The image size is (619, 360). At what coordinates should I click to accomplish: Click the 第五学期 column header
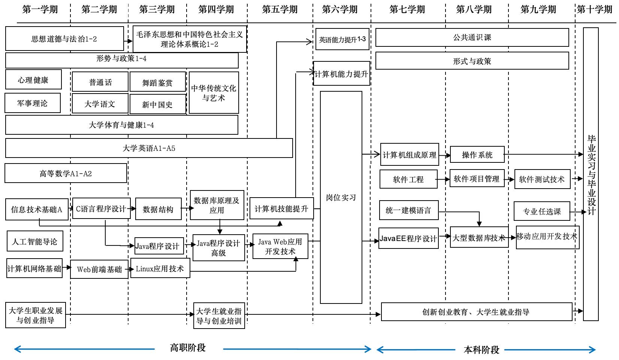pos(280,9)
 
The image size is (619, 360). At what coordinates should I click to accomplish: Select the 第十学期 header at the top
pos(595,9)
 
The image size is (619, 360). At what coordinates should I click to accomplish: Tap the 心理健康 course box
pos(33,80)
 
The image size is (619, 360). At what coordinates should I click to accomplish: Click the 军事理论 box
pos(33,103)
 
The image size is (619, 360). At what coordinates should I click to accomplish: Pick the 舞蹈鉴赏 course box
pos(158,82)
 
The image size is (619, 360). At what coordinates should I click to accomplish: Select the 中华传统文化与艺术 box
pos(214,93)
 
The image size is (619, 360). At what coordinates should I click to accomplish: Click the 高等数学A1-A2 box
pos(66,173)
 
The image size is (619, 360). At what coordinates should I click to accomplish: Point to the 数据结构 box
pos(158,210)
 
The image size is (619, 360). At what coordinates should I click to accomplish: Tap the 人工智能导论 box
pos(35,241)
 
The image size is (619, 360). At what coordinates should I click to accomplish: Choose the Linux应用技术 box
pos(160,268)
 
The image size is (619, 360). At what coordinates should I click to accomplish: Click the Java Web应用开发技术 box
pos(280,247)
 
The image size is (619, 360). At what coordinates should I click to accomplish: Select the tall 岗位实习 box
pos(341,197)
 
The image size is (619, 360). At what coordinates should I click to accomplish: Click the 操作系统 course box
pos(477,155)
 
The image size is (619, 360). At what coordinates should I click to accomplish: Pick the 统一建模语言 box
pos(408,210)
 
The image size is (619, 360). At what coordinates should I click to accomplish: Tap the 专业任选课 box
pos(542,211)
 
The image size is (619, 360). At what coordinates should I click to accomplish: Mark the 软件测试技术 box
pos(542,179)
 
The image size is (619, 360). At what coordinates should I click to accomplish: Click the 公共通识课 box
pos(472,37)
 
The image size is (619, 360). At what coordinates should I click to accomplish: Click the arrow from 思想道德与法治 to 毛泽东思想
pos(128,40)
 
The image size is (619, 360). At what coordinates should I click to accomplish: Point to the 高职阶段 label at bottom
pos(188,348)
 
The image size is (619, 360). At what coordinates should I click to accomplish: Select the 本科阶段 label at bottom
pos(481,350)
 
